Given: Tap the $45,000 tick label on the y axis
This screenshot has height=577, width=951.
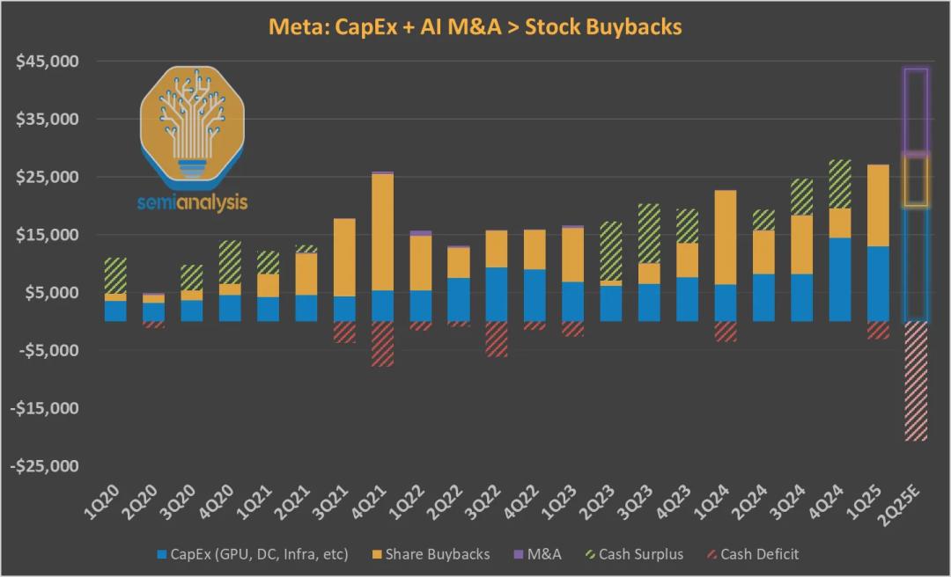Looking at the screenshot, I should click(55, 62).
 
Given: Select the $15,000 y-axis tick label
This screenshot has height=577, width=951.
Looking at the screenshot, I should click(55, 235).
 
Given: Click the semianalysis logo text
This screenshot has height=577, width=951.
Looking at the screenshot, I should click(193, 203).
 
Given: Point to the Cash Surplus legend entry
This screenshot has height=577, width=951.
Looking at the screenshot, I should click(634, 554).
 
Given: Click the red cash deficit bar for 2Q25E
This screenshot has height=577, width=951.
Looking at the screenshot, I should click(917, 380).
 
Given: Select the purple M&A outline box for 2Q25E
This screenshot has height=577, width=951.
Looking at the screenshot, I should click(917, 110).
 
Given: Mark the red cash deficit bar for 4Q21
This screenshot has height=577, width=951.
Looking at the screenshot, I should click(382, 343).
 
